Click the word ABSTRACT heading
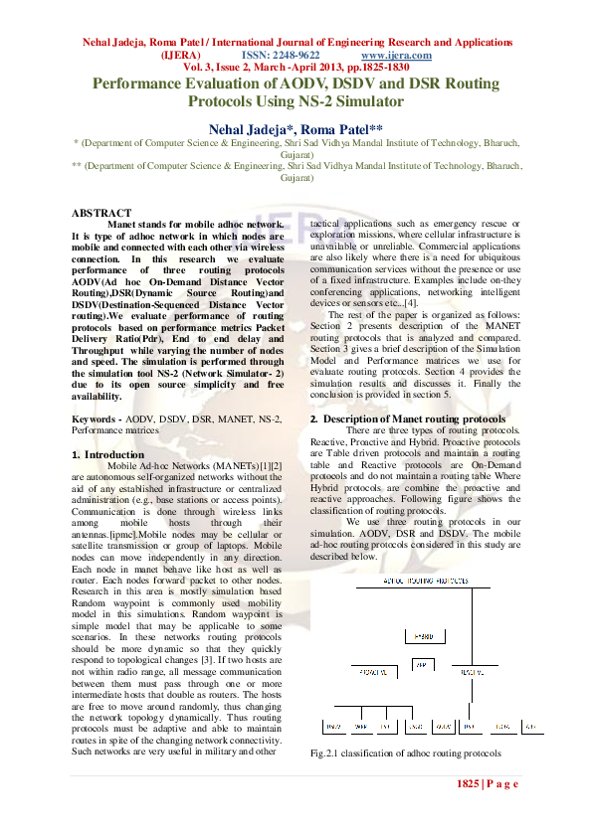tap(101, 213)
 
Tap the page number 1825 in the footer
tap(469, 784)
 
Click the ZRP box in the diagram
tap(421, 663)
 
